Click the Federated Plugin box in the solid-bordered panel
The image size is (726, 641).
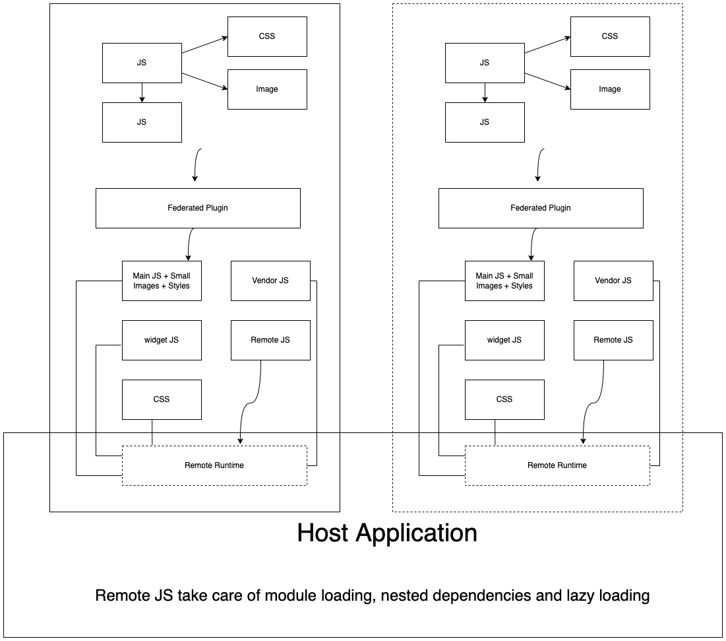pos(198,208)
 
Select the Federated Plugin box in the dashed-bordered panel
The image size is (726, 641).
pos(541,208)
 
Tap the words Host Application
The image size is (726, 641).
pos(387,533)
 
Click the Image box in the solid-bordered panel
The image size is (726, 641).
pos(267,89)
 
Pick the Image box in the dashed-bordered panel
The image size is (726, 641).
pos(610,89)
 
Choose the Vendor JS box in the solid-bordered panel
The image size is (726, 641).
pos(270,281)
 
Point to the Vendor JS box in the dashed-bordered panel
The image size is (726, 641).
pos(613,281)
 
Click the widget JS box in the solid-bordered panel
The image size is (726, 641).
pos(162,340)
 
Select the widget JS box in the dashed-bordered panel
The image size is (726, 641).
pos(504,340)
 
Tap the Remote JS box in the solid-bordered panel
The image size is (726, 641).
pos(270,340)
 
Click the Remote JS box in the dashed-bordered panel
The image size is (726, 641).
pos(613,340)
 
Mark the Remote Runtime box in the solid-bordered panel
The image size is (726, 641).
pos(214,465)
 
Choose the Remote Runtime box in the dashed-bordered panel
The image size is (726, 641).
pos(557,465)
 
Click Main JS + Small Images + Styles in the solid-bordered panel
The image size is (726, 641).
pos(162,281)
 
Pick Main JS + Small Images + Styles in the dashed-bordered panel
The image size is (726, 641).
pos(504,281)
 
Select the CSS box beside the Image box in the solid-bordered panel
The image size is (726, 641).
pos(267,36)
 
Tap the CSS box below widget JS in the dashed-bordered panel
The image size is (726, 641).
pos(504,399)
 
